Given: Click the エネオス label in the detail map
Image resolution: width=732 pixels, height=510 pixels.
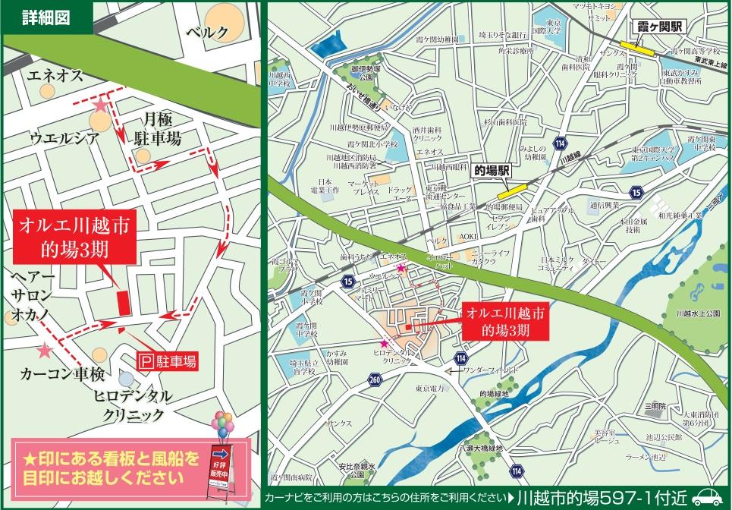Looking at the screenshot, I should (x=56, y=76).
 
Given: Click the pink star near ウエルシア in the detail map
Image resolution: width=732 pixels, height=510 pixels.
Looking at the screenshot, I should (x=100, y=106).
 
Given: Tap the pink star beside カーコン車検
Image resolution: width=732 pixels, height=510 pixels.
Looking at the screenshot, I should (x=46, y=351).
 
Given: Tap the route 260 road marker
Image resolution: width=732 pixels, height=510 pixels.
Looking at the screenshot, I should (x=374, y=379).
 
